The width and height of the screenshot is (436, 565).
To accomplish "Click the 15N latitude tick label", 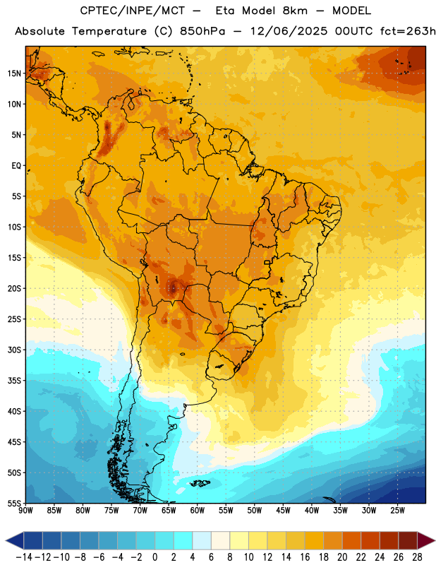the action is click(x=14, y=73).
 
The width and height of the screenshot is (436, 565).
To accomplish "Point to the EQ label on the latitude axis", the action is click(x=16, y=166).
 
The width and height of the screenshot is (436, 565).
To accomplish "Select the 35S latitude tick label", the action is click(x=14, y=381).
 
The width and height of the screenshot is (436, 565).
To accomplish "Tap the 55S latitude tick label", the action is click(x=14, y=503).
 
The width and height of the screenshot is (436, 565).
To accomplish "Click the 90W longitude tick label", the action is click(x=25, y=511).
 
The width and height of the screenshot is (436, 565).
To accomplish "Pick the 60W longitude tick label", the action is click(x=198, y=511).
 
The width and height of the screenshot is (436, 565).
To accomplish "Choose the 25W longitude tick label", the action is click(x=397, y=511).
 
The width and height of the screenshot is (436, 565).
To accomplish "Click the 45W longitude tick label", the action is click(x=283, y=511).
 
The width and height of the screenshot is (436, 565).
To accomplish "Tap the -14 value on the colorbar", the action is click(x=24, y=557).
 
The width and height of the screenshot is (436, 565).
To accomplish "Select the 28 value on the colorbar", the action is click(x=417, y=557).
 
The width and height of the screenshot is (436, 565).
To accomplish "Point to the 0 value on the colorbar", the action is click(x=155, y=557).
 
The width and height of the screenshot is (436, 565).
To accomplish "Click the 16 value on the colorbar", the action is click(x=305, y=557).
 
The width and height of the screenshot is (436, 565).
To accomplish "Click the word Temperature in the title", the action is click(x=109, y=31).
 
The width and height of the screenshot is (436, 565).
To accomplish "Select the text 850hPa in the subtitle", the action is click(x=202, y=31).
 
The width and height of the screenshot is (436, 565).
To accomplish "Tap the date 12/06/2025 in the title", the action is click(x=289, y=31).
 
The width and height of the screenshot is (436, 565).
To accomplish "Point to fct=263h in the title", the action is click(x=408, y=31).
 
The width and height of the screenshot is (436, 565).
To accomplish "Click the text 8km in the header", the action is click(x=295, y=11).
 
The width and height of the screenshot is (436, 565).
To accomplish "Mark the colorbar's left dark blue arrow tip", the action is click(x=6, y=541).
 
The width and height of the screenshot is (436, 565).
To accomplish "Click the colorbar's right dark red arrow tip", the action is click(x=435, y=541).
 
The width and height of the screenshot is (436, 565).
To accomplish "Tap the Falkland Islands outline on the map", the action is click(x=199, y=483).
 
